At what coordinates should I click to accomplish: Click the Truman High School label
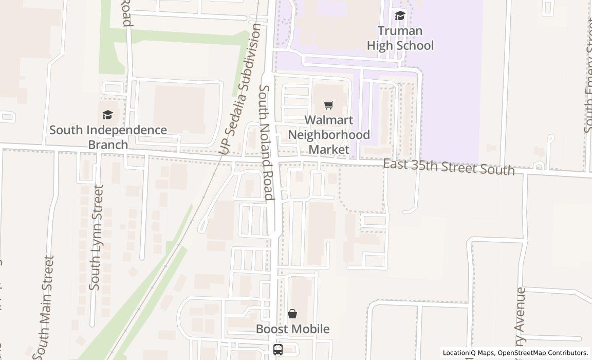point(400,38)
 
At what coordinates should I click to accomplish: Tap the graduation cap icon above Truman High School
point(400,16)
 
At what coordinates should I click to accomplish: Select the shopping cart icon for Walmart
point(329,105)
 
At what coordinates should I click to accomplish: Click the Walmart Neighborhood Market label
point(329,135)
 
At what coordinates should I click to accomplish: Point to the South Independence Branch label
point(108,137)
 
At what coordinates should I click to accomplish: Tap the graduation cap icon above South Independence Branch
point(107,115)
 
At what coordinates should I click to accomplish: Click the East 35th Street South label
point(449,167)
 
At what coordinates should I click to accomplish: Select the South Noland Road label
point(265,142)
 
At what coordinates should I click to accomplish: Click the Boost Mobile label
point(292,329)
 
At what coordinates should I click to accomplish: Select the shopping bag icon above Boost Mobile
point(292,314)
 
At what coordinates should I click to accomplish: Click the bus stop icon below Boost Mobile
point(278,350)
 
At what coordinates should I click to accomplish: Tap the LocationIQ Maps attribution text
point(469,353)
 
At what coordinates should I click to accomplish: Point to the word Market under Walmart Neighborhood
point(329,150)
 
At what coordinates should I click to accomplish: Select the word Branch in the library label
point(108,145)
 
